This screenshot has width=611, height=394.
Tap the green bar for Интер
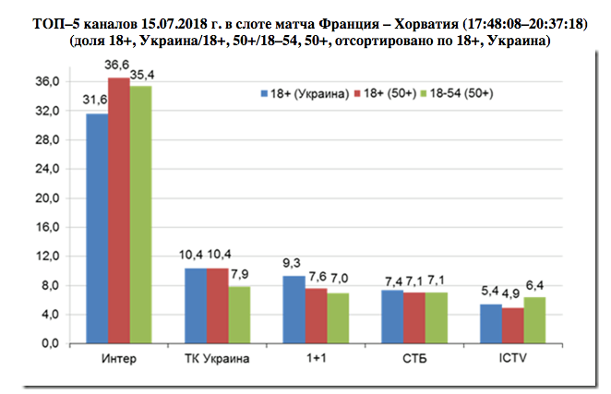(x=140, y=214)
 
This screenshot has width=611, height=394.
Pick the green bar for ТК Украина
(x=238, y=315)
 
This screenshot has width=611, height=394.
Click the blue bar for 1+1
(x=293, y=309)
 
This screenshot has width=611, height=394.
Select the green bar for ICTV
(x=533, y=319)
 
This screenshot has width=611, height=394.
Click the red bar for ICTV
(x=511, y=325)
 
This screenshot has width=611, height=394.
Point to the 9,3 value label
(x=293, y=262)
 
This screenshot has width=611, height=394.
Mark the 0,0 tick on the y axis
(x=50, y=343)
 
